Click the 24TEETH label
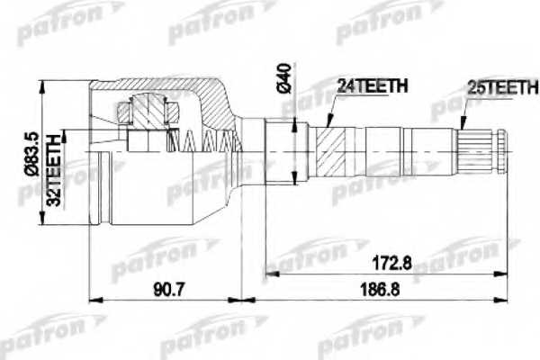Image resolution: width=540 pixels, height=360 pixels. point(372,87)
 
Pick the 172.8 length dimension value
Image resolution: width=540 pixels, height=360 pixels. point(393,264)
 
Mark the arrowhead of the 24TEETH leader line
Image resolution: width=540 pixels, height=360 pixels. point(328,125)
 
